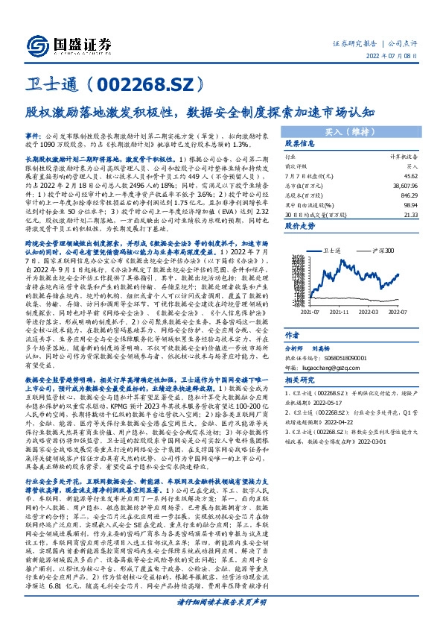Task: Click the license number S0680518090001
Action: pyautogui.click(x=337, y=336)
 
